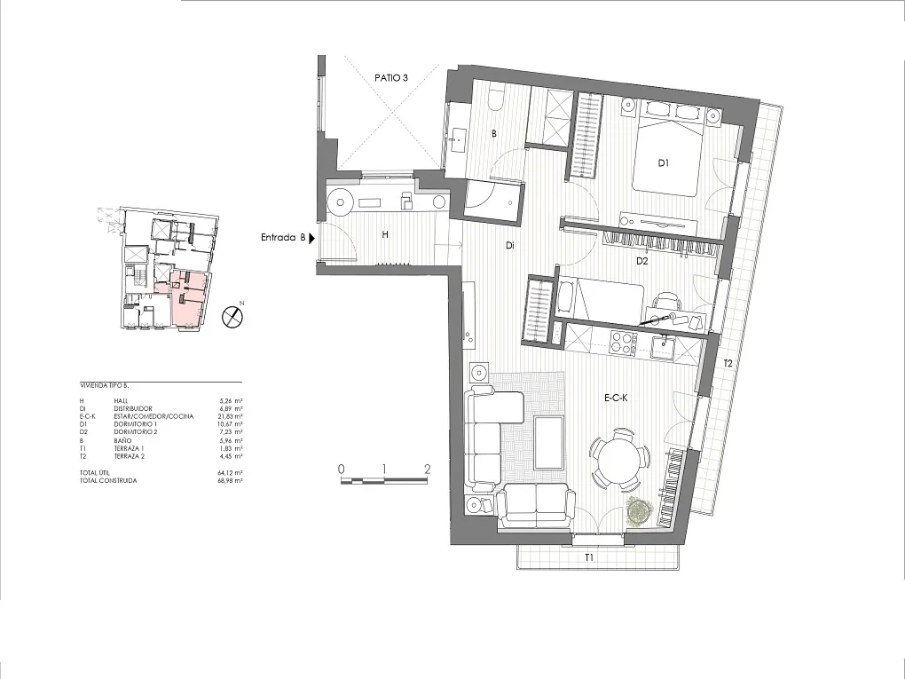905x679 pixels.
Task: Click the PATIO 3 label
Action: point(390,78)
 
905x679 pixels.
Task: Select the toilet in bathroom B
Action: point(496,98)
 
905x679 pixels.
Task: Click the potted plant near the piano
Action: point(638,509)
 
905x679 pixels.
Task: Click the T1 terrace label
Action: point(588,558)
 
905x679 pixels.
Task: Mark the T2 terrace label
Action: point(728,364)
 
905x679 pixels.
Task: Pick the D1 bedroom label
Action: point(663,162)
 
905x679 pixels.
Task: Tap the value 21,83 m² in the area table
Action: point(230,415)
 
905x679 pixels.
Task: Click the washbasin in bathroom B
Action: point(460,137)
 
